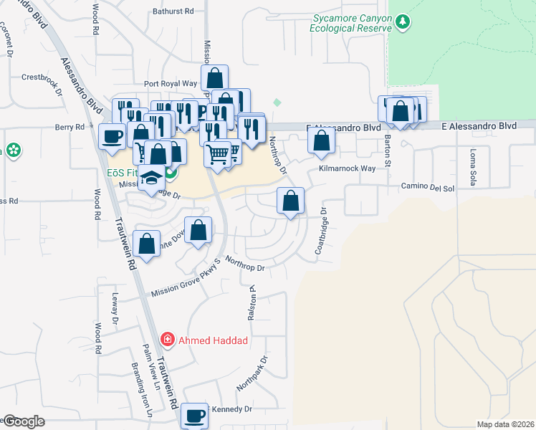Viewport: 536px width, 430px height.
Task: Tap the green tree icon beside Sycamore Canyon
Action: pos(403,22)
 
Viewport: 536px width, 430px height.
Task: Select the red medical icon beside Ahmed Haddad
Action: pos(167,339)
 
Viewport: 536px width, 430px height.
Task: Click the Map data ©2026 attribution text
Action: pos(505,424)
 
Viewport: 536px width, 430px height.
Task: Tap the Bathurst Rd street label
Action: pos(173,11)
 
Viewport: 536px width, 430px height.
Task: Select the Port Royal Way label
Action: pos(170,83)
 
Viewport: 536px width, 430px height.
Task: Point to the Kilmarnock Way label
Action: pos(347,168)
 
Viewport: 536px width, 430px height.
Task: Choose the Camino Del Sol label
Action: pos(429,188)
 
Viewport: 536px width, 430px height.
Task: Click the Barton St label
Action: pos(388,150)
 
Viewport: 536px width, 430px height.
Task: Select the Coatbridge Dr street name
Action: pos(320,231)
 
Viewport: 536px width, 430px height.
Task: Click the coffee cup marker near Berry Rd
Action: pos(113,135)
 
